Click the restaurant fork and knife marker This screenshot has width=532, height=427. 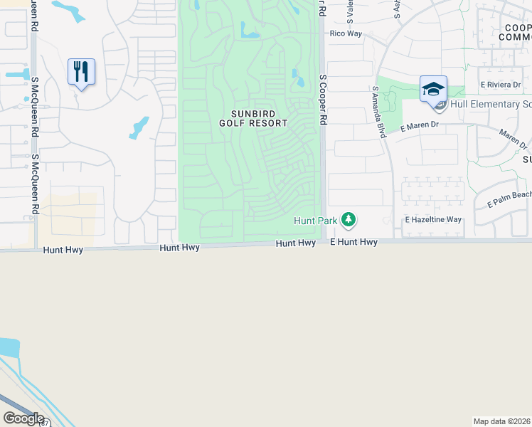click(x=81, y=72)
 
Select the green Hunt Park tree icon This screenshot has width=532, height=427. click(x=348, y=219)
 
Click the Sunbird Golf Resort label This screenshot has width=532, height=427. click(x=260, y=118)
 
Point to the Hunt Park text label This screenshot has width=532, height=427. click(x=316, y=221)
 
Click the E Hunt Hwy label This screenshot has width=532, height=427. click(x=353, y=243)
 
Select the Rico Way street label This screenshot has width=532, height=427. click(x=346, y=33)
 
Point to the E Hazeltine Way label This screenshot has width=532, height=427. click(x=433, y=221)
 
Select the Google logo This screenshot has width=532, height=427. click(x=23, y=418)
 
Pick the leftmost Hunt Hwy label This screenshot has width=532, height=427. click(x=63, y=250)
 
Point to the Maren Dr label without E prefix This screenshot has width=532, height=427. click(x=513, y=139)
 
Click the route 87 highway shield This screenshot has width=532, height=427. click(x=45, y=423)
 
